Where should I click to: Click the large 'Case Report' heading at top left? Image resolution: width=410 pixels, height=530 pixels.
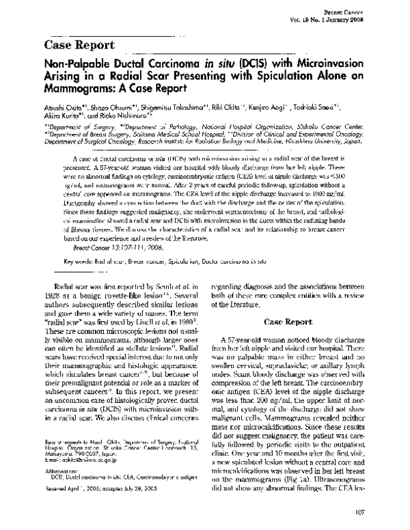pyautogui.click(x=79, y=45)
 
